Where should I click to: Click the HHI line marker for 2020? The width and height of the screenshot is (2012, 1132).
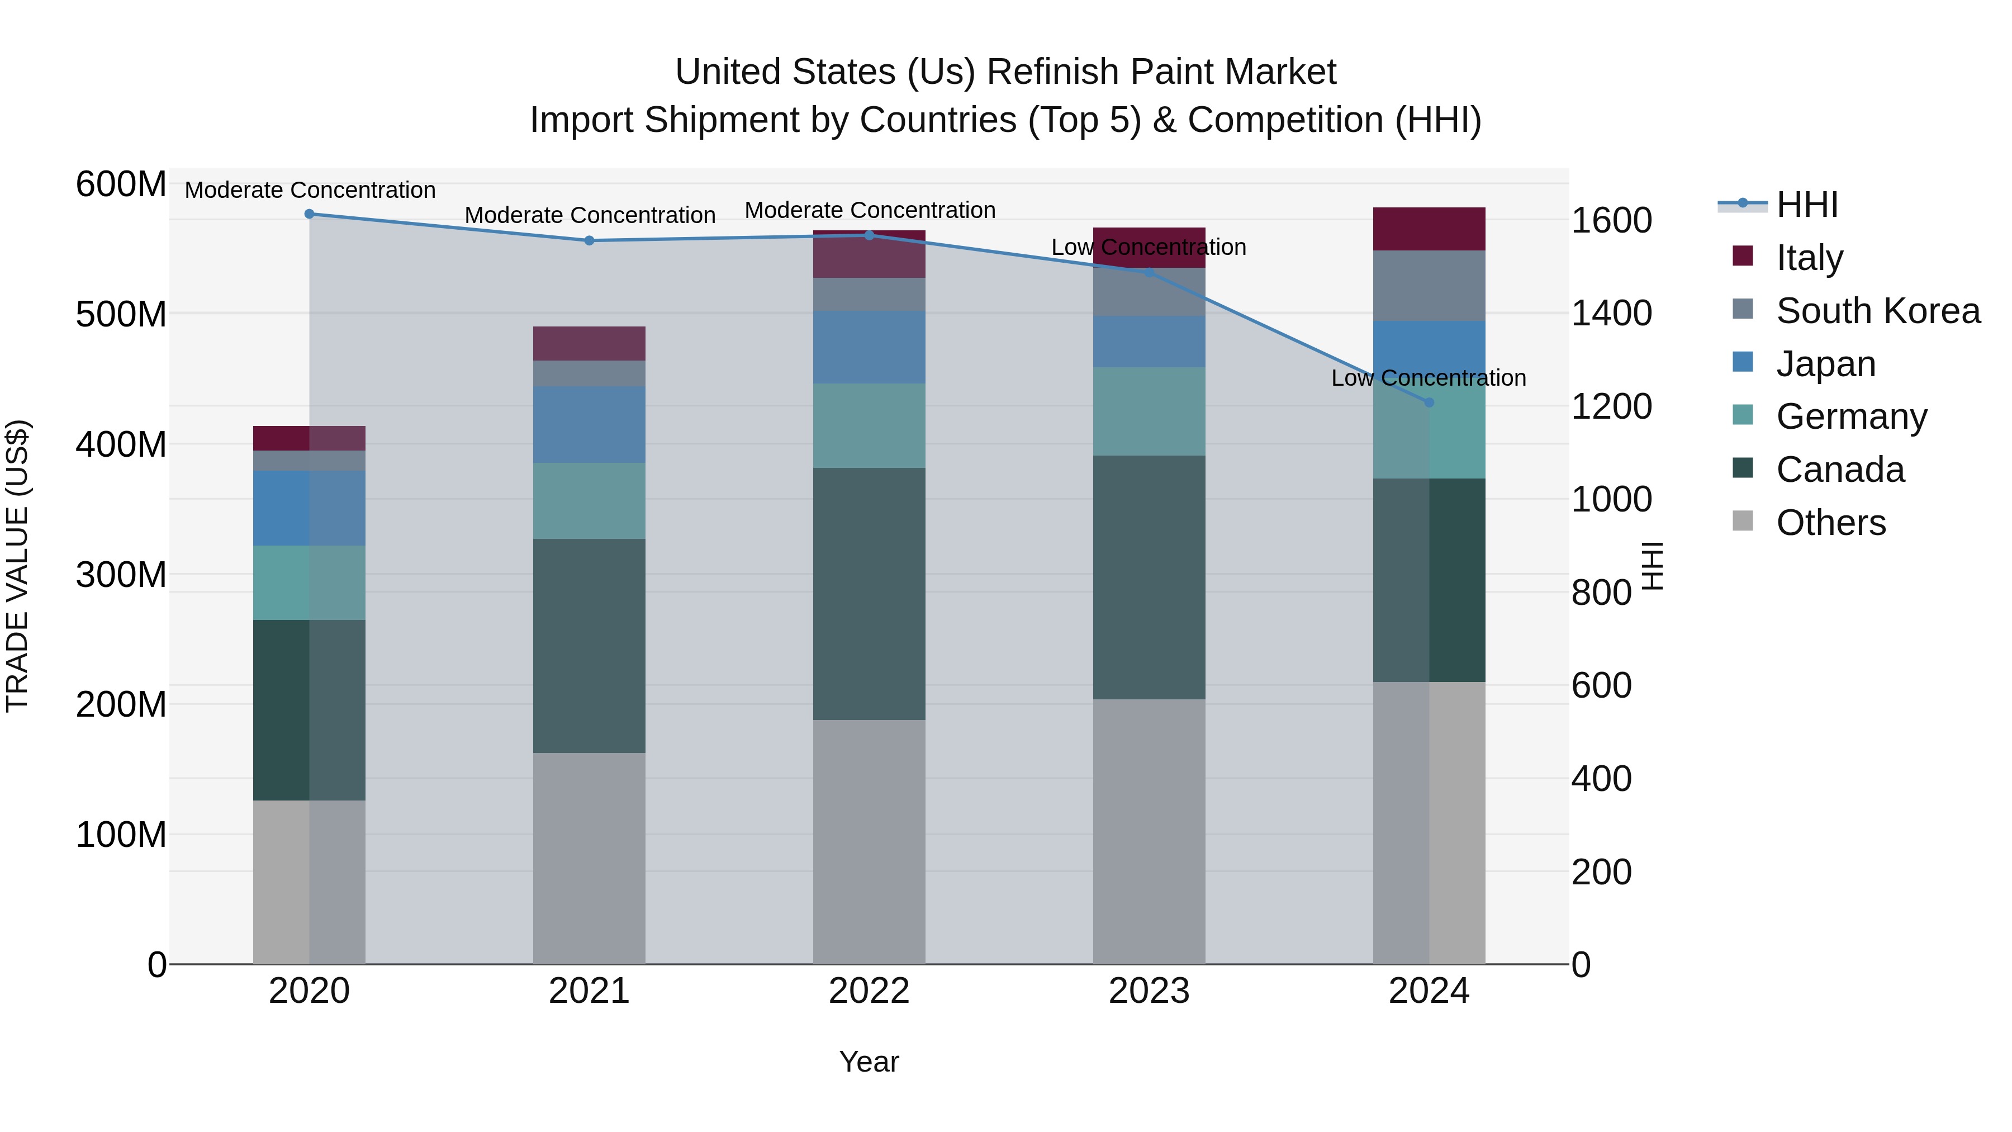(x=309, y=214)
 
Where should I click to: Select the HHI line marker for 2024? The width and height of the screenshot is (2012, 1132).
(x=1429, y=403)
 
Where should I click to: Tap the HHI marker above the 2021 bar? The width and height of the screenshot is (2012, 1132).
(x=589, y=240)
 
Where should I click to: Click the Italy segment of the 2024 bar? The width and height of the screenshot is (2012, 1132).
(x=1429, y=229)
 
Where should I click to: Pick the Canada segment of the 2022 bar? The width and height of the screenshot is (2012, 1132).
(x=869, y=594)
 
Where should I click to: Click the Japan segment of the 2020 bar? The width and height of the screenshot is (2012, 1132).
(x=309, y=508)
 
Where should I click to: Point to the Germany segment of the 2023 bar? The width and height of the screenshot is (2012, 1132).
(x=1149, y=411)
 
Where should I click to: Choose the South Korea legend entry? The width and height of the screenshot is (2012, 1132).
(x=1878, y=311)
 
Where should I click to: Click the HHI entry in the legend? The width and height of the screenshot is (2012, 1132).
(x=1806, y=205)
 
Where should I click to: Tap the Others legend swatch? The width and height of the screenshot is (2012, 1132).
(x=1743, y=521)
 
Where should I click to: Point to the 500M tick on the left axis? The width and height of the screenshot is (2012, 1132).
(x=121, y=315)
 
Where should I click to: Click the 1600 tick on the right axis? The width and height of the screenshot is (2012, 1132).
(x=1611, y=221)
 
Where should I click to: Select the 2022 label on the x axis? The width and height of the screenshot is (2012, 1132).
(x=869, y=991)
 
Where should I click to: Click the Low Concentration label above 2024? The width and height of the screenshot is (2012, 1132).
(x=1429, y=378)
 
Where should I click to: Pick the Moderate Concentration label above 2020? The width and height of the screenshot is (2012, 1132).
(x=310, y=191)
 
